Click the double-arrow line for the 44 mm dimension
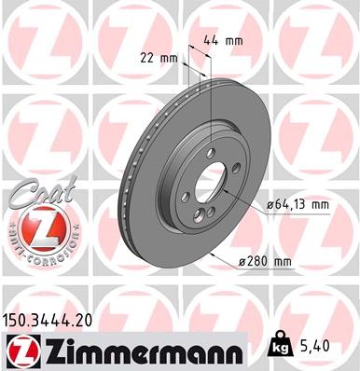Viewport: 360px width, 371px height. pyautogui.click(x=201, y=58)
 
